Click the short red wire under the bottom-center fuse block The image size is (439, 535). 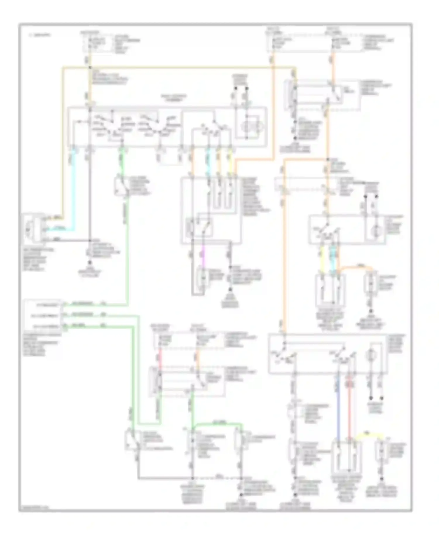pos(160,358)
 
